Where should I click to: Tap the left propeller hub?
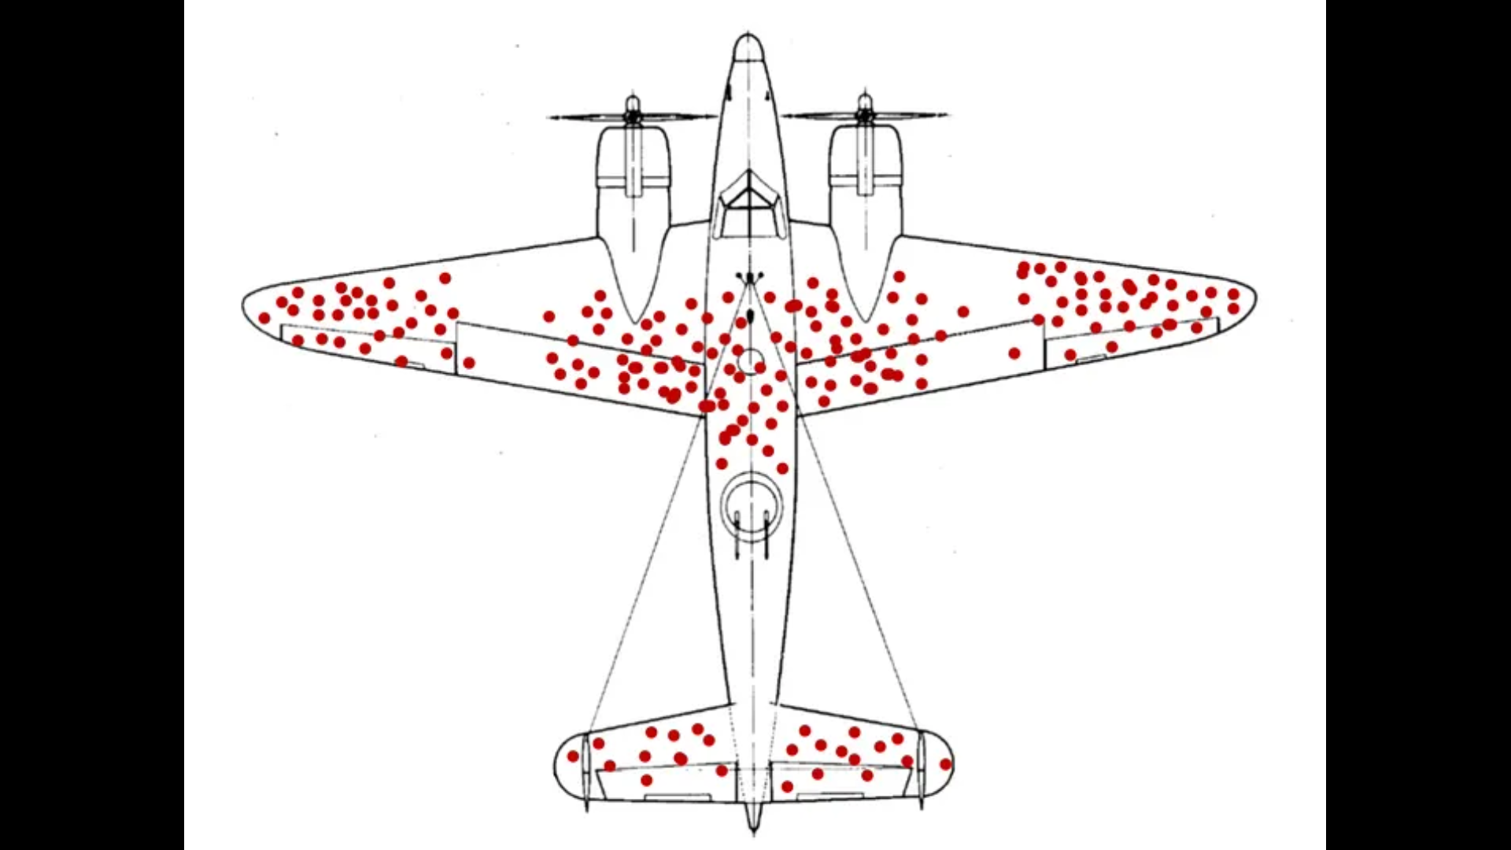pos(632,116)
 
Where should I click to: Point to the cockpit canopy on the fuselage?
pos(749,206)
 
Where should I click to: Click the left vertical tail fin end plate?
pos(586,767)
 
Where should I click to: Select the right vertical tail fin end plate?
pos(921,767)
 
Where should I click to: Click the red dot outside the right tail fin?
pos(945,764)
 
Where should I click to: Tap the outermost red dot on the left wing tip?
pos(264,318)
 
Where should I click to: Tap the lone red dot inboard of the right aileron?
pos(1014,353)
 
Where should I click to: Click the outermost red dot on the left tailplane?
pos(573,756)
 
